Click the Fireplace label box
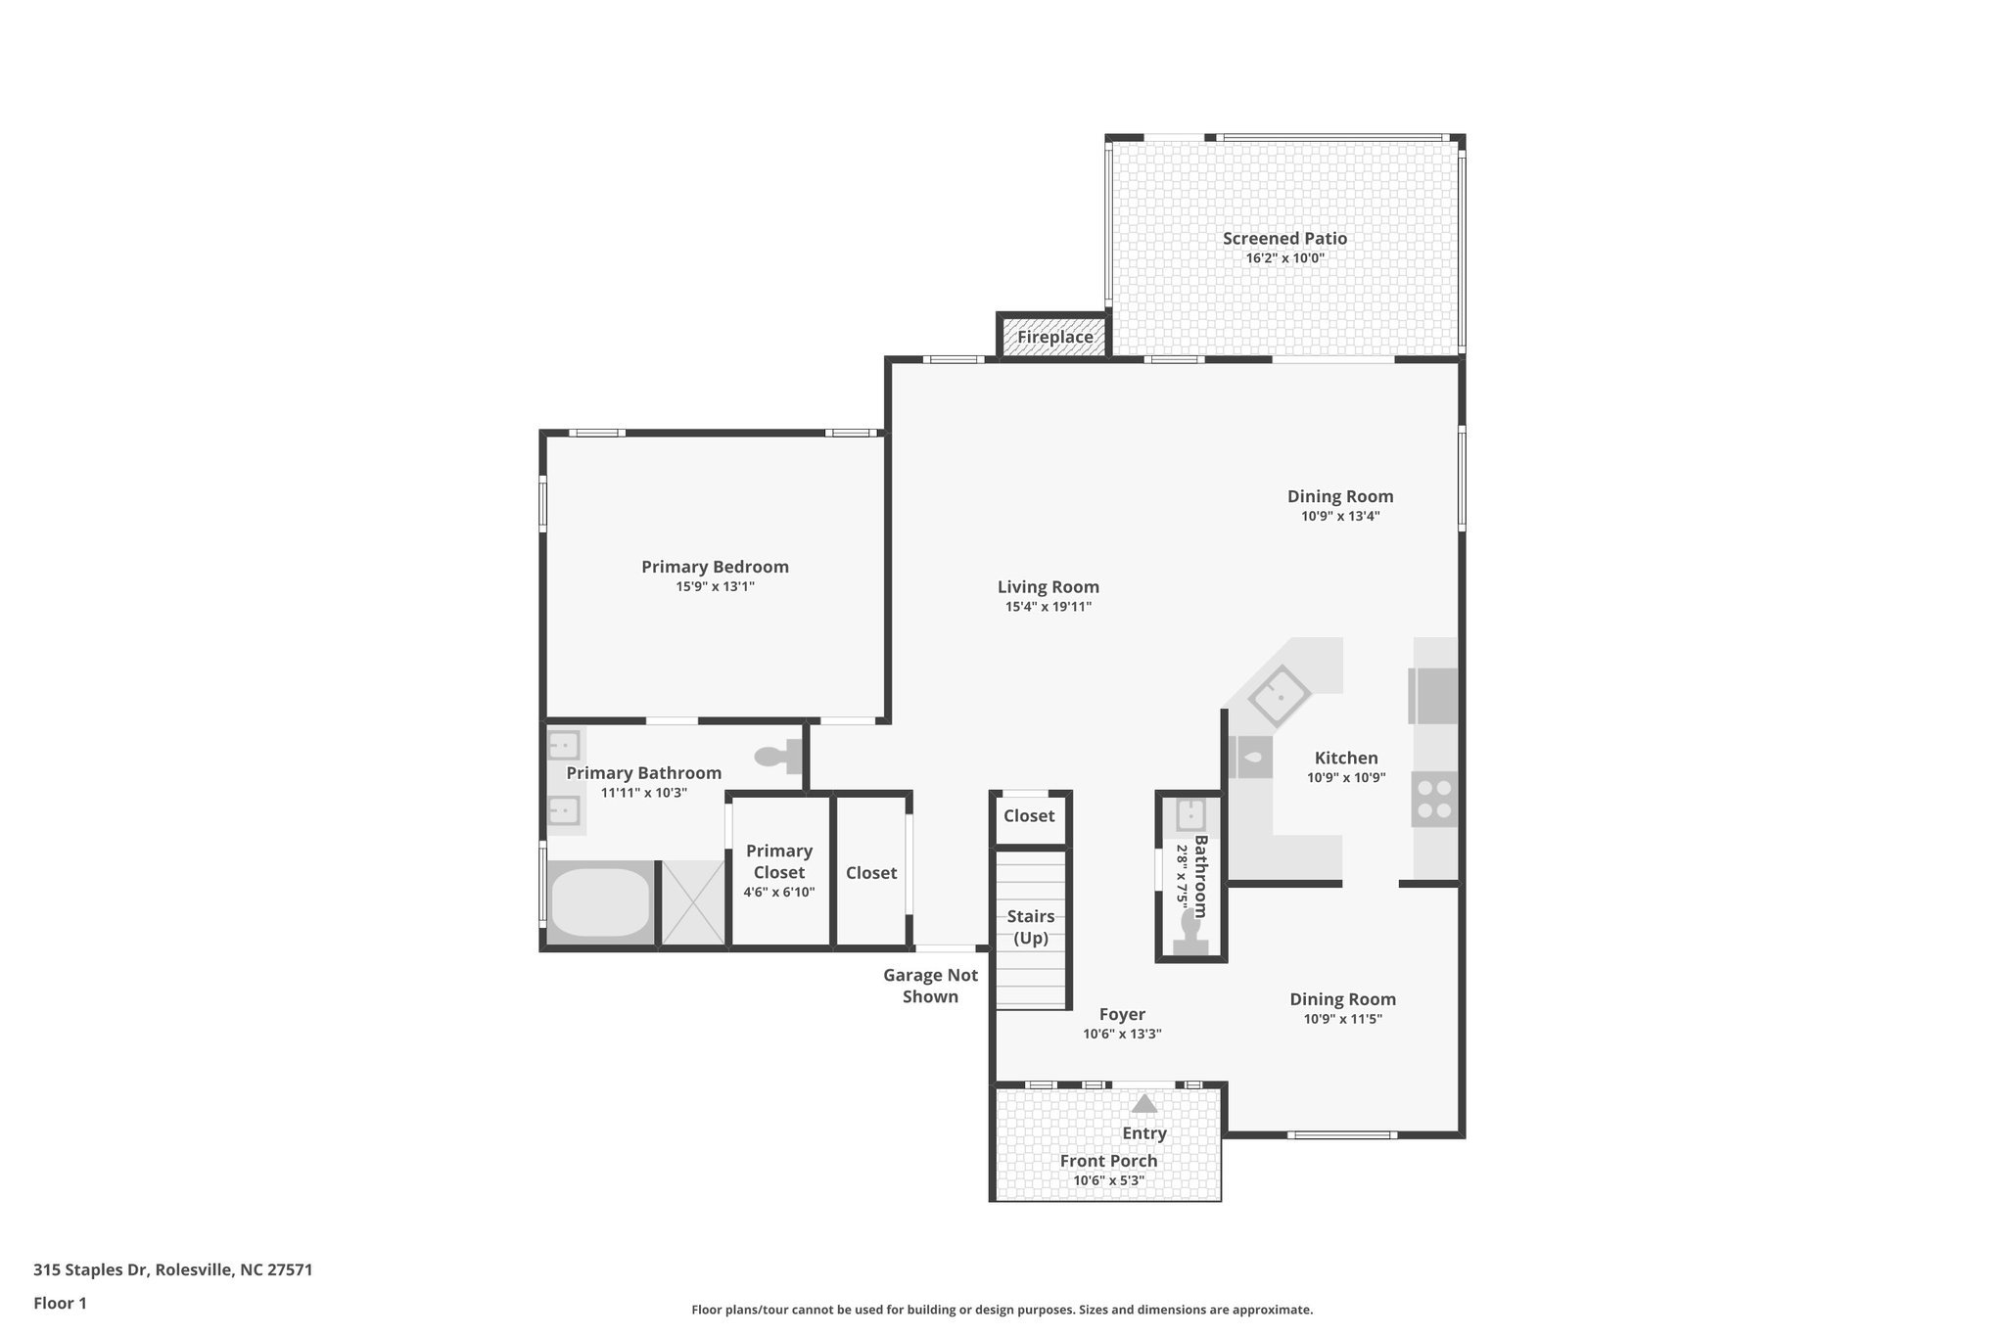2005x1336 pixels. [1054, 337]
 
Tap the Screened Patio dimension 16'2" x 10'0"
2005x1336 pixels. [1284, 258]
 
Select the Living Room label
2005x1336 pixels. [1048, 587]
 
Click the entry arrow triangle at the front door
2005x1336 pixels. [1143, 1104]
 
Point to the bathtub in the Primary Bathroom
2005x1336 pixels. [599, 903]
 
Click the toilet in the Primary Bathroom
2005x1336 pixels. [780, 757]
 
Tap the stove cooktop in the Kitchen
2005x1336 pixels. [1434, 798]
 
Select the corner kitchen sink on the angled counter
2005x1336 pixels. [1279, 695]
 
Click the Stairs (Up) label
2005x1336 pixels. [1030, 927]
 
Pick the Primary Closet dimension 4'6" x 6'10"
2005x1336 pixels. [778, 893]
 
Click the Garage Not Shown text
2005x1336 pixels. [930, 986]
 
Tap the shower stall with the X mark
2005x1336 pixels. [693, 903]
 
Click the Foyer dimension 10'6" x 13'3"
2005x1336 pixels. [1122, 1035]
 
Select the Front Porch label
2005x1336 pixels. [1108, 1161]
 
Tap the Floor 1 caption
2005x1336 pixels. [60, 1303]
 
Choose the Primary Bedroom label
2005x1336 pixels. [715, 567]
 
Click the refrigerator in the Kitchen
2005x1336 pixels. [1432, 695]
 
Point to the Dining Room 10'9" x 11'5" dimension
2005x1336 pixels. [1342, 1019]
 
